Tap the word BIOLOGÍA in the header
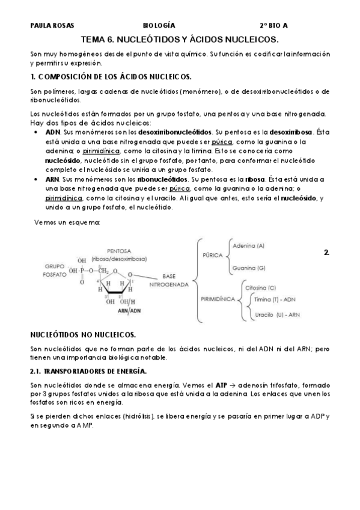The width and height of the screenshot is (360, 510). [159, 26]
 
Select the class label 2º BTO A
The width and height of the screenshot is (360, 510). [273, 26]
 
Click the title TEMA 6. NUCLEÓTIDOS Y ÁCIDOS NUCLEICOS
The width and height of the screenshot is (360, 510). [180, 39]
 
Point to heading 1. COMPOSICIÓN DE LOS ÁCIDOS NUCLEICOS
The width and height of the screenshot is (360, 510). [111, 77]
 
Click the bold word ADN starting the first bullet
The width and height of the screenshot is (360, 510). [53, 131]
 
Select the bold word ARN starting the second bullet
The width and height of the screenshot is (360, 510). [53, 179]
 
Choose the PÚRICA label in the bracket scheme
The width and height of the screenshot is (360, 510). [213, 255]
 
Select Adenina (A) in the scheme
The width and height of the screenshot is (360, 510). [248, 245]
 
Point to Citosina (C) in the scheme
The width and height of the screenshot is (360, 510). [261, 288]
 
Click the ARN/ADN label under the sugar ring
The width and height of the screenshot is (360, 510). [129, 311]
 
